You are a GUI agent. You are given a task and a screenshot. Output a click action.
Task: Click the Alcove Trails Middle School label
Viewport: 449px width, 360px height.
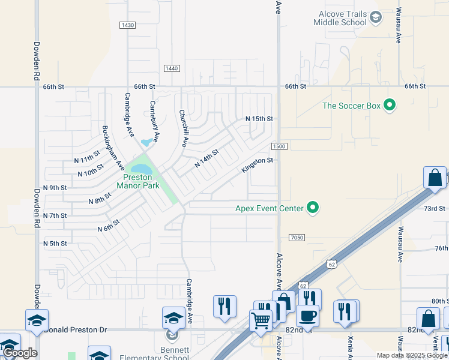tap(340, 19)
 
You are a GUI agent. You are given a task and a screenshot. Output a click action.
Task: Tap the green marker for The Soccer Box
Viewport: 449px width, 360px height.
tap(390, 106)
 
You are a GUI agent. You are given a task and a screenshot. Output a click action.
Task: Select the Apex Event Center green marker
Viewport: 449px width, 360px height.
tap(312, 208)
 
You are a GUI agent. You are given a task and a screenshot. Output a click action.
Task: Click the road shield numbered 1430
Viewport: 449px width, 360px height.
tap(127, 25)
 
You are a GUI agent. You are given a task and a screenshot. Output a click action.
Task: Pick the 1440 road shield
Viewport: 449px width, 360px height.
tap(172, 69)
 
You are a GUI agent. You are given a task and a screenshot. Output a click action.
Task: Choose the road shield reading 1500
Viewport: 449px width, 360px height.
tap(279, 146)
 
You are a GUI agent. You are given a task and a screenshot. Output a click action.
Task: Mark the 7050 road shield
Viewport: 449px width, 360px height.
tap(297, 238)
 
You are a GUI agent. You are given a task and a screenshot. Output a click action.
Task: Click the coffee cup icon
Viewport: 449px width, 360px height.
tap(307, 316)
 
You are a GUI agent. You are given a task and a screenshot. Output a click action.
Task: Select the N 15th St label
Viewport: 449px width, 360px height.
tap(259, 119)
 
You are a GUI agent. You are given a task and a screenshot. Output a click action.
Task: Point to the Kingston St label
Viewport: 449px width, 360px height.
tap(258, 165)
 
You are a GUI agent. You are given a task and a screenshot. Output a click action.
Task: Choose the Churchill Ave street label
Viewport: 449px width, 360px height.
tap(183, 128)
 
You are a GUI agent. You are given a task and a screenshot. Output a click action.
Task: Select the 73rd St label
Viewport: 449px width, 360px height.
tap(435, 208)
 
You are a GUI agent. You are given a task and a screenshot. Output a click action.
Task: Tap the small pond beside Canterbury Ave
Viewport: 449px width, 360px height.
tap(146, 143)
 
